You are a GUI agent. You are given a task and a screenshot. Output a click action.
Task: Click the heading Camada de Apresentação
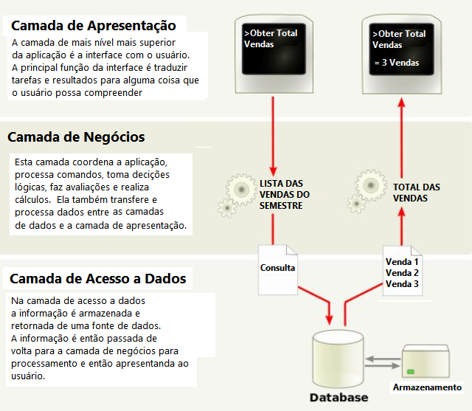tap(94, 26)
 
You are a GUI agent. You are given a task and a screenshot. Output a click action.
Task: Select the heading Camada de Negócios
tap(76, 137)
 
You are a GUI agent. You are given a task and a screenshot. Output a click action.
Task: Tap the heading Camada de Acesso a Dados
tap(98, 278)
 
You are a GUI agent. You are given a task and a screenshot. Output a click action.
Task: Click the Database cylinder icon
tap(338, 359)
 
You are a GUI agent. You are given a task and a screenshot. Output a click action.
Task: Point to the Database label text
tap(339, 398)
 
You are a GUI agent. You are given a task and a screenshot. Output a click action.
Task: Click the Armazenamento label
tap(427, 387)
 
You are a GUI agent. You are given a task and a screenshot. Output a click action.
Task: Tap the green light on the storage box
tap(411, 372)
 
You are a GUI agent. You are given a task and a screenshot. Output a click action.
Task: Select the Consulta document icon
tap(278, 270)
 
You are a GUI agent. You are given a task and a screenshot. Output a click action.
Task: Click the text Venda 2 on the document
tap(402, 273)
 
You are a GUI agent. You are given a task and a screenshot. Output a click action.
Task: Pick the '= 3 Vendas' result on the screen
tap(397, 63)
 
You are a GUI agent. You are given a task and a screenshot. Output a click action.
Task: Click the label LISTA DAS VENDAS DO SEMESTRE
tap(285, 195)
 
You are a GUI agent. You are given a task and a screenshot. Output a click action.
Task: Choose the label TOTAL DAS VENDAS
tap(416, 193)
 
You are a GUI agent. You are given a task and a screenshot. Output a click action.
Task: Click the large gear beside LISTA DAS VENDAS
tap(241, 190)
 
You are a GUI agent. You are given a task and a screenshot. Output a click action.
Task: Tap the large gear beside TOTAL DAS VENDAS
tap(371, 185)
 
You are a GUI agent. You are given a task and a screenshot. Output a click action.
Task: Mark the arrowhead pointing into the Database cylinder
tap(330, 320)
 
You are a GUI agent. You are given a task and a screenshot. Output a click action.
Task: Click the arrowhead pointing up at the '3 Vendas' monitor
tap(401, 103)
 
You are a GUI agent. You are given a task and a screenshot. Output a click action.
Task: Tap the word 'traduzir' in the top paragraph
tap(170, 67)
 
